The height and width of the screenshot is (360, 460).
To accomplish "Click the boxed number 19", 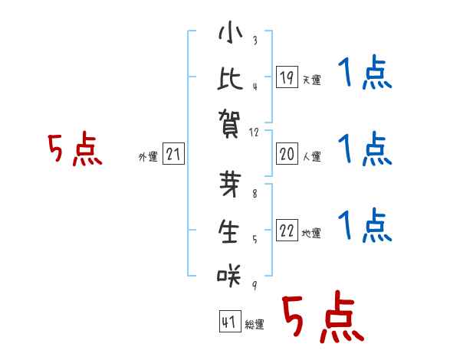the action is [287, 77].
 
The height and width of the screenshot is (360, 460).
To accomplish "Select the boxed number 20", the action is [287, 155].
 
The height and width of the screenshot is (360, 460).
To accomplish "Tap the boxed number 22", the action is [287, 231].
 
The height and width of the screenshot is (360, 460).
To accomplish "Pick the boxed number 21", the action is [173, 155].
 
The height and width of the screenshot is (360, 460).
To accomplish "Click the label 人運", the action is [311, 157].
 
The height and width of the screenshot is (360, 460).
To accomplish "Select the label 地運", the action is [311, 234].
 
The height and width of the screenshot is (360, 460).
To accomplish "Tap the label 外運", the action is [148, 157].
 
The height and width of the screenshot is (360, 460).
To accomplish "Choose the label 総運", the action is [254, 325].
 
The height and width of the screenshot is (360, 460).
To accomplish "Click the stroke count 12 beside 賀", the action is [255, 133].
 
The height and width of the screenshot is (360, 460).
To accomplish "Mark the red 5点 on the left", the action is [74, 150].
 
